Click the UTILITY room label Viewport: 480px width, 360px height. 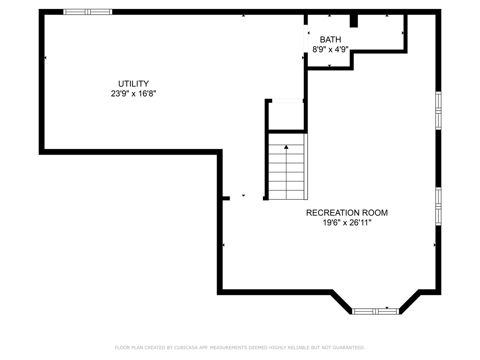(x=133, y=84)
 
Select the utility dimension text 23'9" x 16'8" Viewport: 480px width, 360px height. (x=133, y=94)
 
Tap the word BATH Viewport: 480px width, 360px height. (x=330, y=40)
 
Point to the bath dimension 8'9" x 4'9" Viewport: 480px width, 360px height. (x=330, y=49)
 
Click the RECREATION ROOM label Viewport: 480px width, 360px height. (x=347, y=213)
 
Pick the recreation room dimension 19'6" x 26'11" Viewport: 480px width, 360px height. (x=347, y=223)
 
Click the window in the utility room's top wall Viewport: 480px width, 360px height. (x=88, y=12)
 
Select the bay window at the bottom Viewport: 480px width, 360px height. (x=375, y=311)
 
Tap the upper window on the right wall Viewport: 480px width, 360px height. (x=438, y=111)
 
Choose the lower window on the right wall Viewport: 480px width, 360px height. (x=438, y=206)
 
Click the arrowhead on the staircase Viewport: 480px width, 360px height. (x=286, y=147)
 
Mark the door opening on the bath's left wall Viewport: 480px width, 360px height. (x=306, y=39)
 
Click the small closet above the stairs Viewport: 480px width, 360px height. (x=286, y=116)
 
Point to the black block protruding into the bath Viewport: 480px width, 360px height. (x=354, y=21)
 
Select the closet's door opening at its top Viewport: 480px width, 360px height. (x=287, y=101)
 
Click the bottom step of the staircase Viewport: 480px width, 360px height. (x=286, y=195)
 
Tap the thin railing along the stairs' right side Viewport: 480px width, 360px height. (x=306, y=167)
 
